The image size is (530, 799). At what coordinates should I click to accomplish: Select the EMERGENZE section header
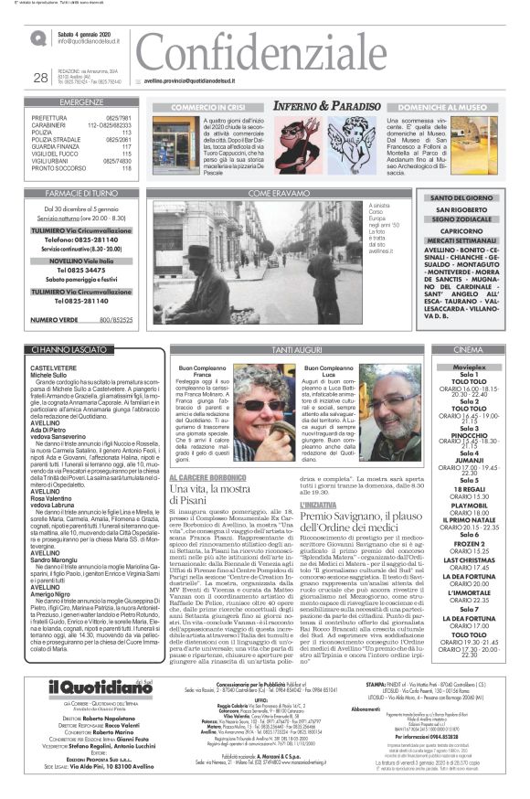81,101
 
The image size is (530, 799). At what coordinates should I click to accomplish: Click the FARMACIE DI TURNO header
81,194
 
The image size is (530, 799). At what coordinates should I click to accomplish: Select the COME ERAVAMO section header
273,194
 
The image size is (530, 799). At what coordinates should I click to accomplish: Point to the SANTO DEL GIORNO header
461,198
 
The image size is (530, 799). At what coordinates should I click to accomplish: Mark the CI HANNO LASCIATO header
68,350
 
